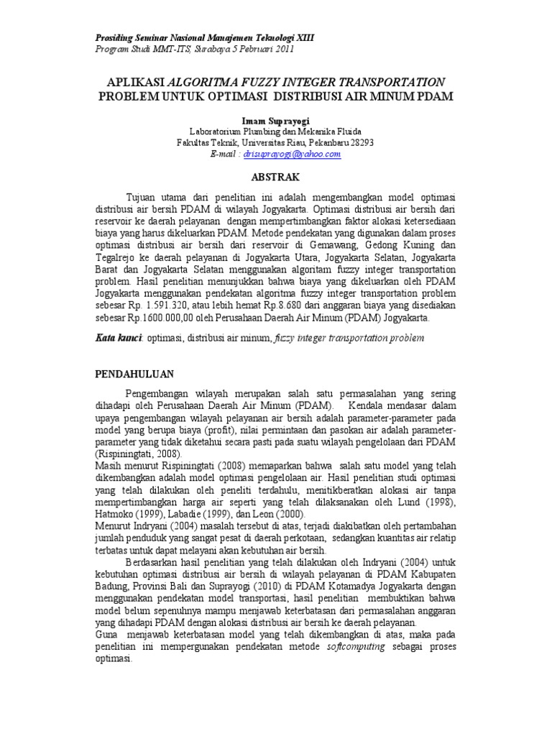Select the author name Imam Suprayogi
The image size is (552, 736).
pos(275,119)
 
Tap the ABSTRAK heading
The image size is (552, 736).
pos(275,177)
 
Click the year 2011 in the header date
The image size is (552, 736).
pos(278,49)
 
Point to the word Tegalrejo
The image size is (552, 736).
pos(119,258)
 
